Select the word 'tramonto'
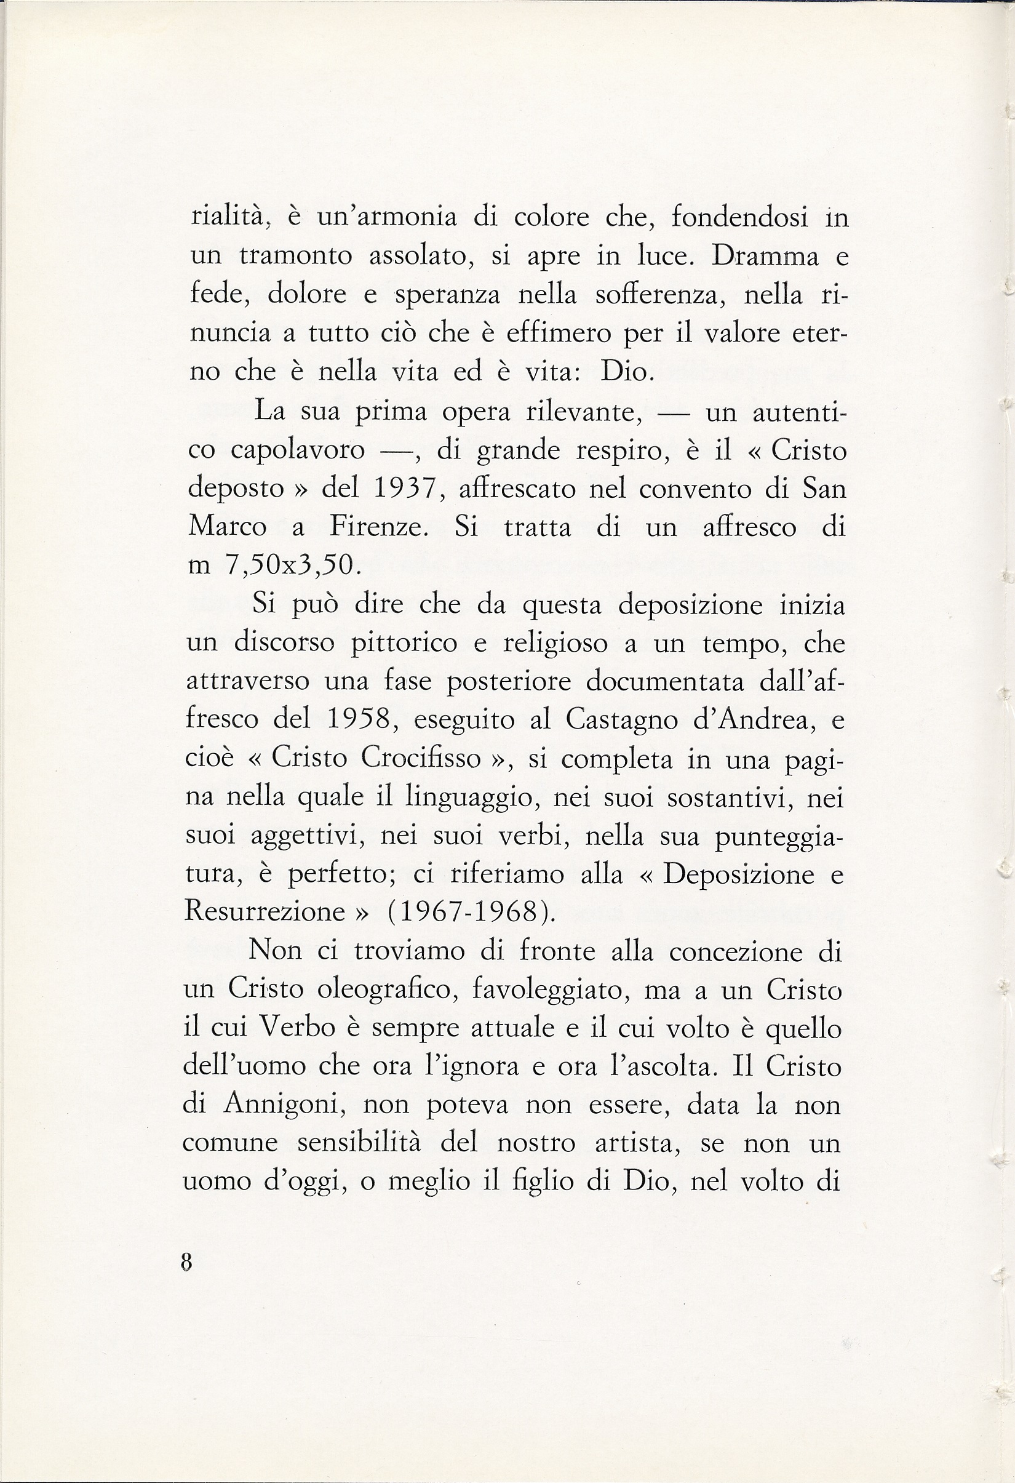(x=296, y=257)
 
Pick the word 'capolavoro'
(x=298, y=451)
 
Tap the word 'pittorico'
(x=404, y=642)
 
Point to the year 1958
(x=358, y=720)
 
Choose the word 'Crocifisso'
(x=421, y=758)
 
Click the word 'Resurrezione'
(x=265, y=911)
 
